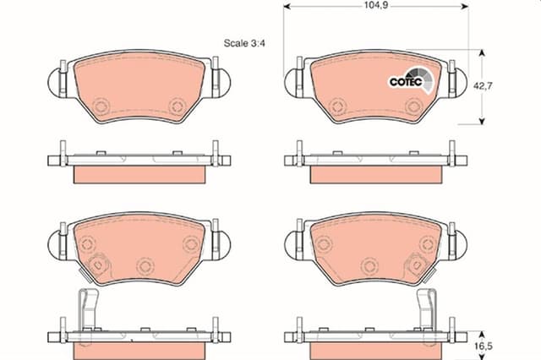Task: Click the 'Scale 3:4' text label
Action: [245, 44]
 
